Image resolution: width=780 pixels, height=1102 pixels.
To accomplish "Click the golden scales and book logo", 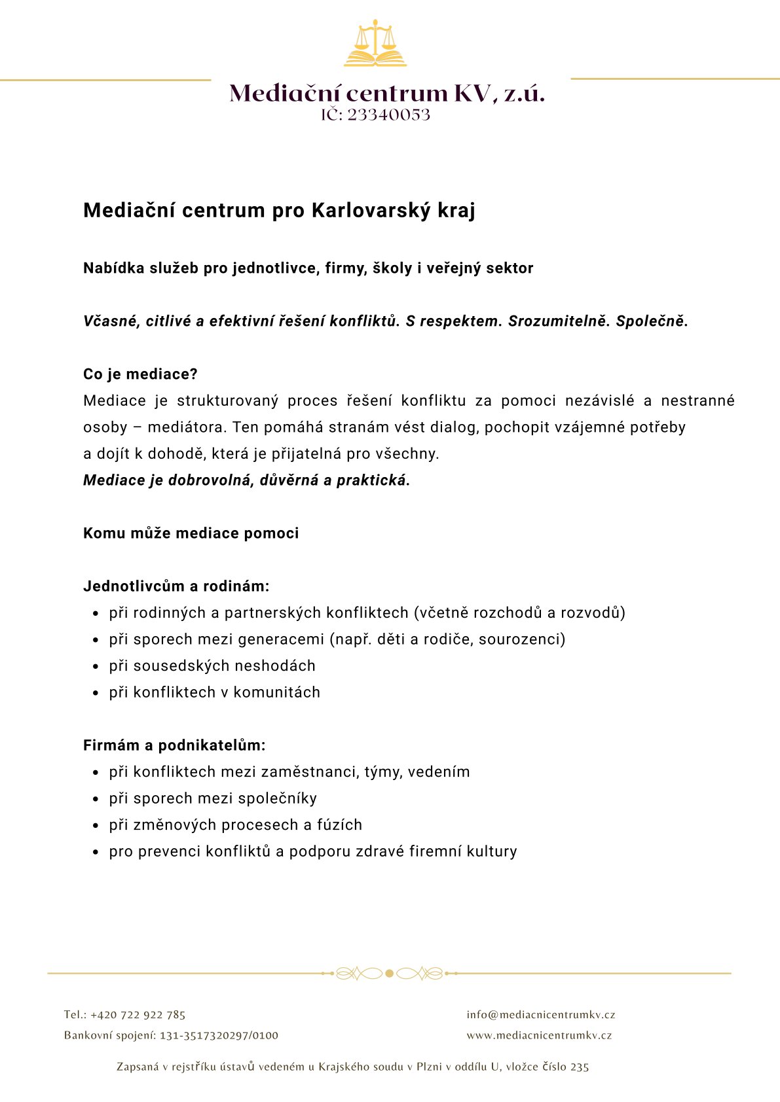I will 375,44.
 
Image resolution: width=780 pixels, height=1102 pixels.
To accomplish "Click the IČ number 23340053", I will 388,115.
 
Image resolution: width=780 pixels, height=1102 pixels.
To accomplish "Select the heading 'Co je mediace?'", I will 140,374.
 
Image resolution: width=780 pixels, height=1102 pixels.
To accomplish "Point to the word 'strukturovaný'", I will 227,400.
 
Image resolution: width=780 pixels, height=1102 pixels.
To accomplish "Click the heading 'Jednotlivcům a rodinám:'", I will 176,586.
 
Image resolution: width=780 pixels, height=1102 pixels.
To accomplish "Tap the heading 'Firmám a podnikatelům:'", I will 174,745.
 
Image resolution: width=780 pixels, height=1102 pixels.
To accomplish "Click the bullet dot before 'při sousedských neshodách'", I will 96,667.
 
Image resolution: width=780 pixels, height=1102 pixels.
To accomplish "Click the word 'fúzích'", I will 339,825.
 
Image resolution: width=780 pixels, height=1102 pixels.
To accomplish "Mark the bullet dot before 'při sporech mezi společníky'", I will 96,800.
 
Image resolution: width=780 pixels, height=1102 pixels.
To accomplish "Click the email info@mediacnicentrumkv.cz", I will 541,1015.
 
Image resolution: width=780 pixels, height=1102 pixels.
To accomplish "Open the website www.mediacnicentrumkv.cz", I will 539,1035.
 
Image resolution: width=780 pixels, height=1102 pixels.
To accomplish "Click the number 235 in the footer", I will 580,1067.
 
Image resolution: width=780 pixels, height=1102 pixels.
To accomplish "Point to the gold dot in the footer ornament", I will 389,974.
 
